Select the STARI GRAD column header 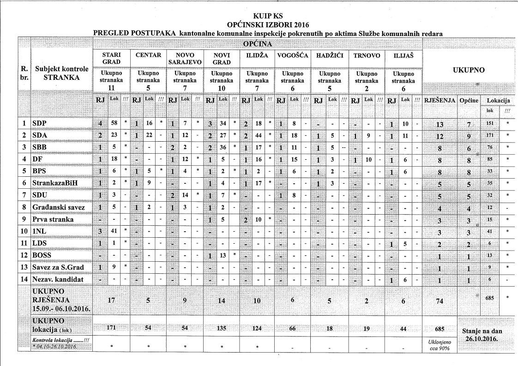coord(111,58)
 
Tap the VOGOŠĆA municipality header coord(293,55)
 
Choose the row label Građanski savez coord(58,208)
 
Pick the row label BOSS coord(42,255)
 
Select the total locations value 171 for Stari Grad coord(111,327)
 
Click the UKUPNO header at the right coord(469,71)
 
